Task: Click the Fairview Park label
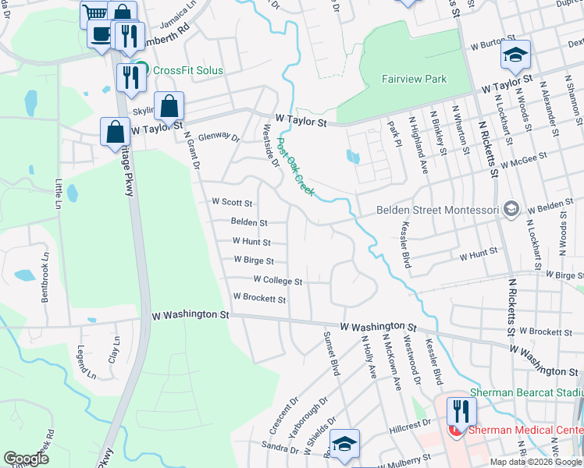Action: point(414,79)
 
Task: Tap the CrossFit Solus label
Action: point(188,70)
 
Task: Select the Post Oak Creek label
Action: point(295,167)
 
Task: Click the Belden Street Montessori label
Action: point(437,210)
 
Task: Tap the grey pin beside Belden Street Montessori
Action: point(511,208)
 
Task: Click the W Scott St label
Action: point(233,202)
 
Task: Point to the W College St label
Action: point(277,280)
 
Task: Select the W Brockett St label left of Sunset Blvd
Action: point(259,299)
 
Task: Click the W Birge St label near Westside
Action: point(254,261)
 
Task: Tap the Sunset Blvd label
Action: point(332,353)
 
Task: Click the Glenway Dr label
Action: point(219,137)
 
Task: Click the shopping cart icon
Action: point(94,13)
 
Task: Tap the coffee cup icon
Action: point(101,34)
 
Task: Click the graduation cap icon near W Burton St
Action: point(515,55)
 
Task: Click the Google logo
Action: point(26,459)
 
